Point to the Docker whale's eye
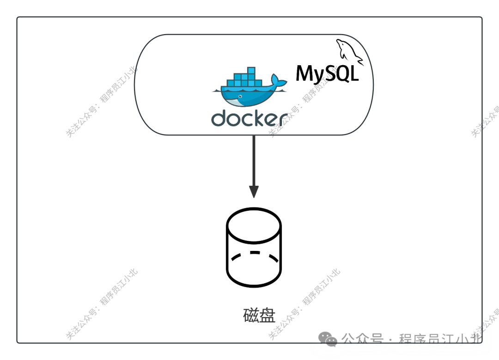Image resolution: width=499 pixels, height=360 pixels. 239,98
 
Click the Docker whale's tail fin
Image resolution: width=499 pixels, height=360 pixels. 279,81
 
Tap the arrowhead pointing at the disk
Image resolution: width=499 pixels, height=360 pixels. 254,191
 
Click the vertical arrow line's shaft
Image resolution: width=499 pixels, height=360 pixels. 254,159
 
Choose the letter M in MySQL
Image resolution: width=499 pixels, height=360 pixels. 305,73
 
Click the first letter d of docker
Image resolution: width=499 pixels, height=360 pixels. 219,118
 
